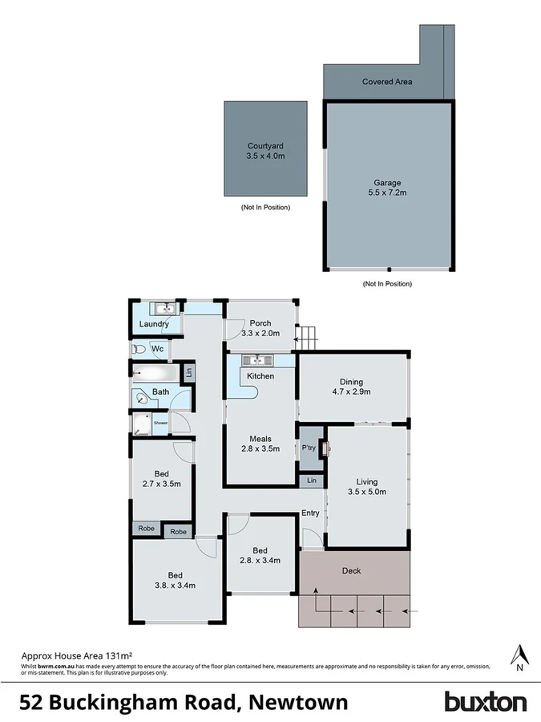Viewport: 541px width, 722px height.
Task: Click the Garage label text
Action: [x=387, y=183]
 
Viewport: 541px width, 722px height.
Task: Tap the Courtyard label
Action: [x=265, y=146]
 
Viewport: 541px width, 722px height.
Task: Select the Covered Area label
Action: [x=387, y=82]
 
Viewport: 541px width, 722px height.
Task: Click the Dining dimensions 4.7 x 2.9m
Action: [x=352, y=392]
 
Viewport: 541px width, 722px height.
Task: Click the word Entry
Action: [x=310, y=513]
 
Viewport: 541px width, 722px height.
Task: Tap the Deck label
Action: [x=351, y=571]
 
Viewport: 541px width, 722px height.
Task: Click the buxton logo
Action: [x=486, y=702]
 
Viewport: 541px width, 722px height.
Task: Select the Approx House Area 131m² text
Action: [x=75, y=655]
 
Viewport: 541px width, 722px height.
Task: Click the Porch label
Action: [x=260, y=323]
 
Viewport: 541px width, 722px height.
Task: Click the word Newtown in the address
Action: [x=299, y=703]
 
